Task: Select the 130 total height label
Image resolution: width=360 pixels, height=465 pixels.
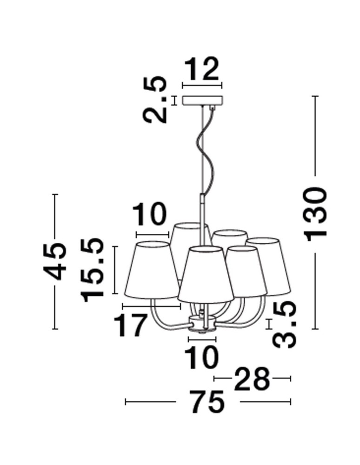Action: tap(316, 214)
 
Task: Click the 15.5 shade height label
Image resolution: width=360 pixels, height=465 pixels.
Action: tap(93, 270)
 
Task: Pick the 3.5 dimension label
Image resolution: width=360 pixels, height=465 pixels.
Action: tap(284, 325)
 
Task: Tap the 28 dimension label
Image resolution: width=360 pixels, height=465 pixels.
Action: tap(252, 379)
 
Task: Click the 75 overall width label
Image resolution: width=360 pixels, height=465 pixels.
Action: tap(207, 402)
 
